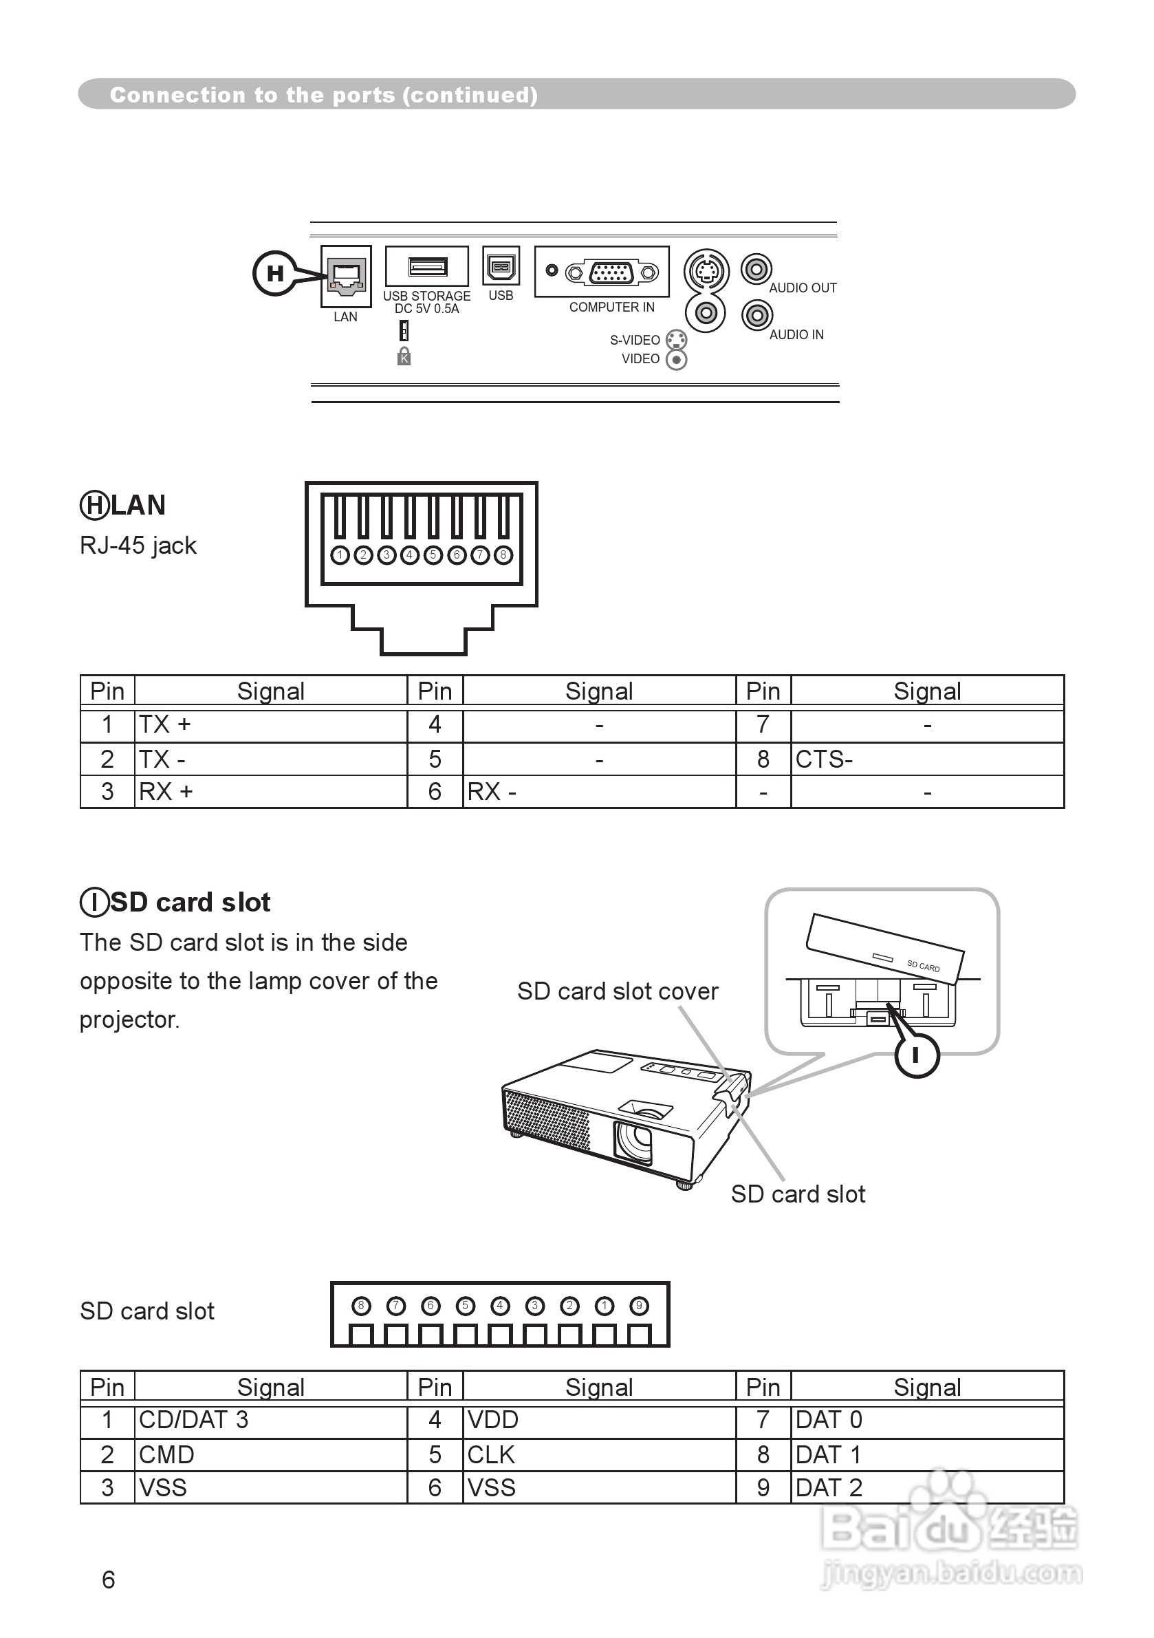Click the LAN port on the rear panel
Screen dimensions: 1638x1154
coord(347,276)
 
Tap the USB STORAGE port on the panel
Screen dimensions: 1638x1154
coord(427,267)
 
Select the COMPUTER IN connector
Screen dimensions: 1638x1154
coord(611,272)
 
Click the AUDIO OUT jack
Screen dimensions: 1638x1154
coord(756,269)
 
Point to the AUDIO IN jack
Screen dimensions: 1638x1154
coord(756,314)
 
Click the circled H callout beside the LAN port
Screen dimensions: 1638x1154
coord(274,272)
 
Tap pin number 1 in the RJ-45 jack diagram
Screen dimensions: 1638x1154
coord(340,554)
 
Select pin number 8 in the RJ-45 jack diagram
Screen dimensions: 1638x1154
coord(503,554)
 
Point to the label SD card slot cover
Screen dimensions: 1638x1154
coord(618,991)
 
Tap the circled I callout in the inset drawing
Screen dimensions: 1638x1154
coord(917,1055)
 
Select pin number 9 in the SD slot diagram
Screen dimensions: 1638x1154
coord(639,1306)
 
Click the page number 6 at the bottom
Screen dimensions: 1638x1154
coord(109,1580)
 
